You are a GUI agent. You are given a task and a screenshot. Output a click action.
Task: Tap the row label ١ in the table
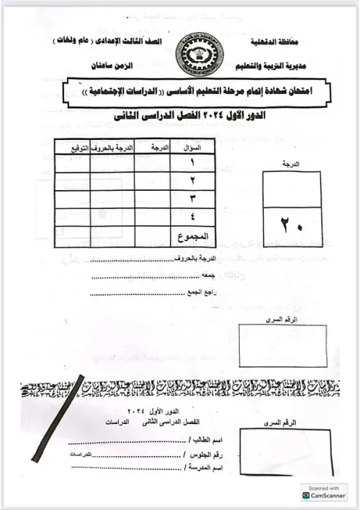pyautogui.click(x=192, y=163)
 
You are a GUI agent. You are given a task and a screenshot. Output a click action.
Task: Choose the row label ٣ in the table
pyautogui.click(x=192, y=198)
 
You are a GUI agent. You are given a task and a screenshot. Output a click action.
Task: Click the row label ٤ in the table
pyautogui.click(x=192, y=216)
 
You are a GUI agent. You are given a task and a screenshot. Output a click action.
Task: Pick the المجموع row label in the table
pyautogui.click(x=192, y=236)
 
